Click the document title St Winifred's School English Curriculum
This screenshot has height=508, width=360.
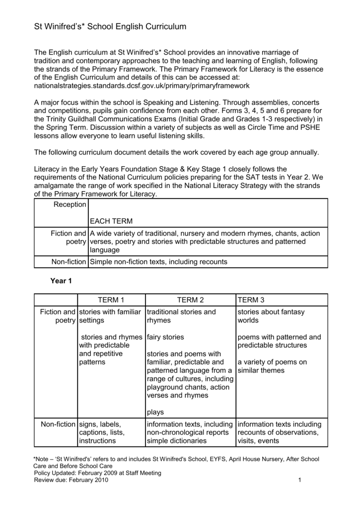tap(110, 27)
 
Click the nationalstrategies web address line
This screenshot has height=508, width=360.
tap(142, 86)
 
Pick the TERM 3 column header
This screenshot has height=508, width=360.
tap(251, 300)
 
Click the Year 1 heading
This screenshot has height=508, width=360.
tap(61, 281)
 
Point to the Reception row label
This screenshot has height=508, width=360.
tap(70, 205)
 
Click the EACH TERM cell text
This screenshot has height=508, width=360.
tap(111, 221)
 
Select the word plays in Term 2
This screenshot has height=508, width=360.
tap(155, 412)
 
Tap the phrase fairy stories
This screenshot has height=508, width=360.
tap(165, 337)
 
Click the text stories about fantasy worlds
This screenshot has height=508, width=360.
tap(271, 316)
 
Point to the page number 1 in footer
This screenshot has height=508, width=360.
tap(301, 480)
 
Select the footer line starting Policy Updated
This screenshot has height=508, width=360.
tap(97, 473)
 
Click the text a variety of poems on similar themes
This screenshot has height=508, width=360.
tap(272, 366)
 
